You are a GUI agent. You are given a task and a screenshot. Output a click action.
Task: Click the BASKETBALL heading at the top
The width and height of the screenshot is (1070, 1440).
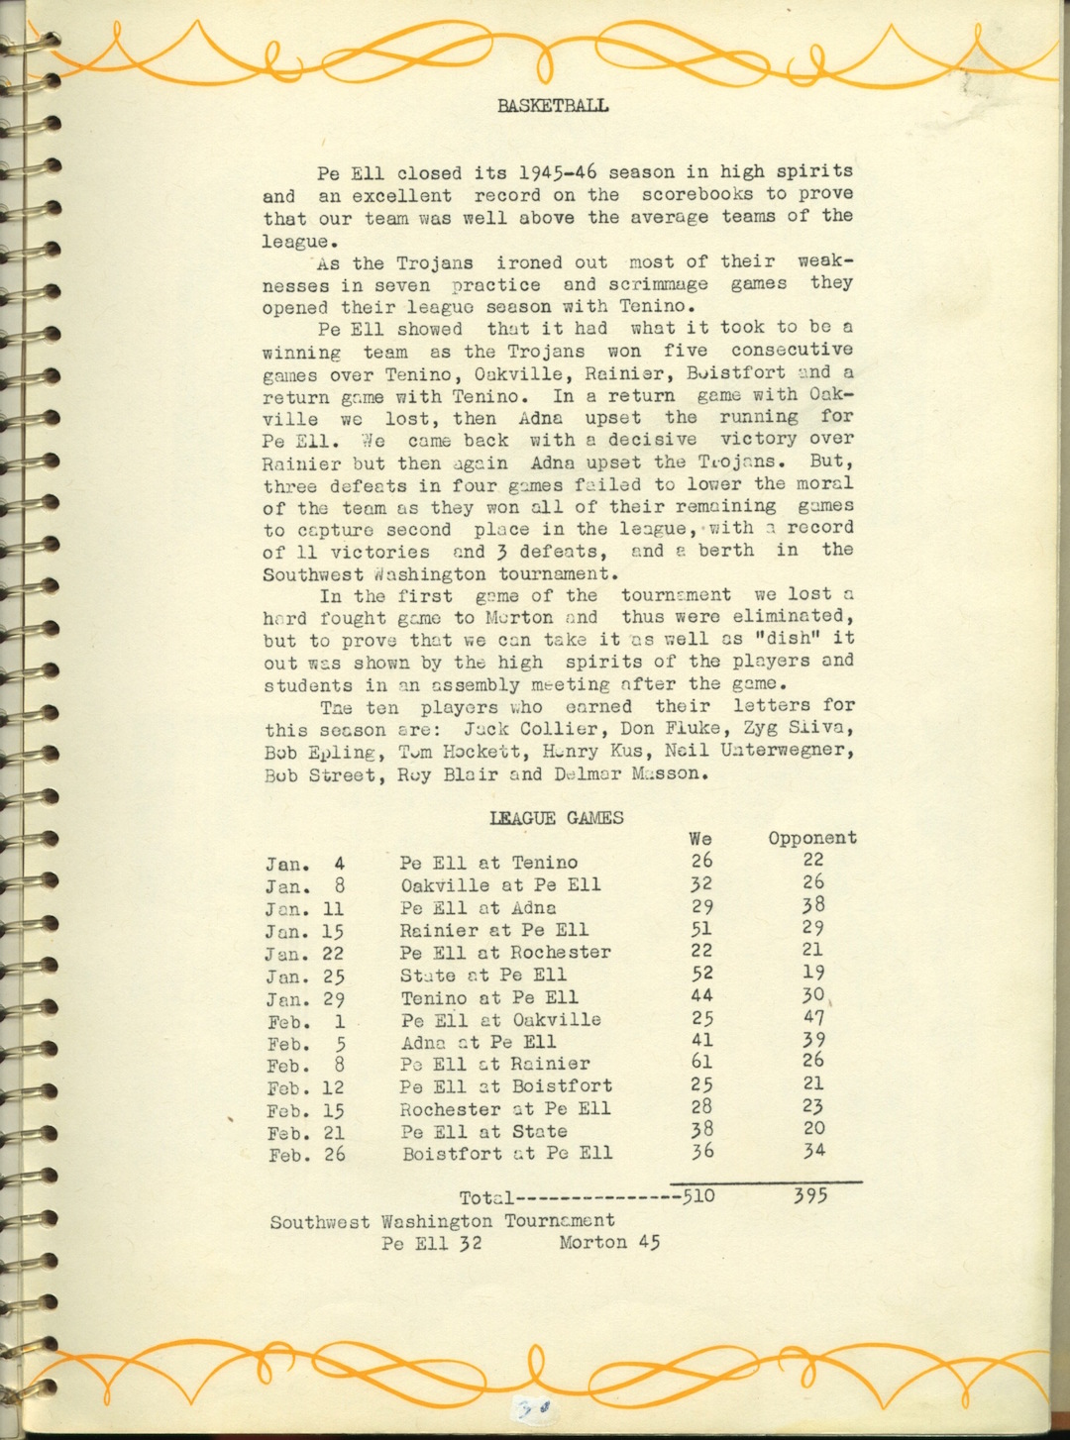point(553,106)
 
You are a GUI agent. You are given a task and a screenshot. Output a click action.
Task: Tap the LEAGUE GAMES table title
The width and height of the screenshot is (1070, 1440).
point(556,818)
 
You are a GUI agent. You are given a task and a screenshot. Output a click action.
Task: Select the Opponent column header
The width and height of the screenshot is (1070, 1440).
point(811,838)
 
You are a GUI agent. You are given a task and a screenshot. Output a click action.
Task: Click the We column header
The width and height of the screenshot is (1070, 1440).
point(700,838)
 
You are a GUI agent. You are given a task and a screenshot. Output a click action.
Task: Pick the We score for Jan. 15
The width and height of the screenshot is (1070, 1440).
point(701,929)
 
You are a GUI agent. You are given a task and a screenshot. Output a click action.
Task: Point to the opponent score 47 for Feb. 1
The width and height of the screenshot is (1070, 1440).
point(813,1018)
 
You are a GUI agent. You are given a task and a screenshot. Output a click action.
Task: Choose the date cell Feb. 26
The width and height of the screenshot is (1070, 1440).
point(306,1155)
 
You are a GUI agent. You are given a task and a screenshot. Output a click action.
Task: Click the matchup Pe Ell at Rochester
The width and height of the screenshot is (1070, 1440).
point(505,953)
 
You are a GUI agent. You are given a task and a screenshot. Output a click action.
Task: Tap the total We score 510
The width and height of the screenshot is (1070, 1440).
point(699,1196)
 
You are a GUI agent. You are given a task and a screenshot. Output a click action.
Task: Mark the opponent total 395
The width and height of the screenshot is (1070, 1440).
point(810,1196)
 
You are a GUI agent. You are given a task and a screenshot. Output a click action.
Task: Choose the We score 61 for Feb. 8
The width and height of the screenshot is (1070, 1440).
point(701,1063)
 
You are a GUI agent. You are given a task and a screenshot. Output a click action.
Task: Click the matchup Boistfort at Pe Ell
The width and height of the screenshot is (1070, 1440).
point(506,1154)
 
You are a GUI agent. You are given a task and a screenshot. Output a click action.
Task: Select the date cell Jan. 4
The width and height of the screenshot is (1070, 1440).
point(305,864)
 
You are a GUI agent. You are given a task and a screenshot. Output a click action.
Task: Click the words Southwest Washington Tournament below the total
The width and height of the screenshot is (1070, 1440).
point(442,1221)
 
